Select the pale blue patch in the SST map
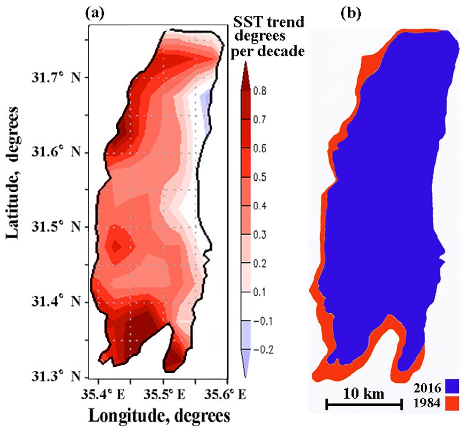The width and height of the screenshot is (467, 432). (x=206, y=102)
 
